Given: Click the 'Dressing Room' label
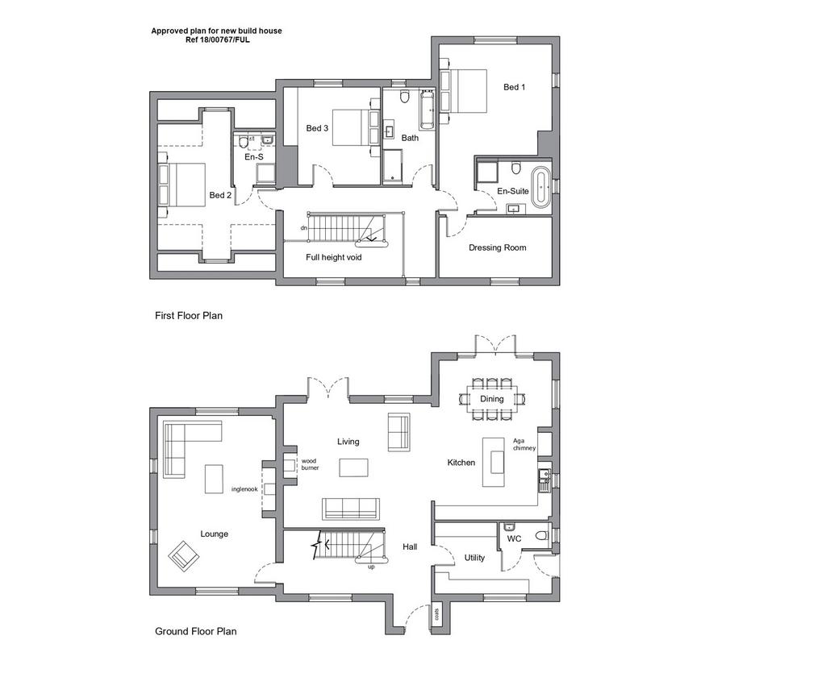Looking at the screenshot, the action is pos(497,247).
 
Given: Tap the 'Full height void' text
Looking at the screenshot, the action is pos(333,257).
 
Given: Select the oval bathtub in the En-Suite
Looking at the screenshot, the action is pos(540,187).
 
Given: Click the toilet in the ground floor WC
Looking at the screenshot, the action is pos(541,536).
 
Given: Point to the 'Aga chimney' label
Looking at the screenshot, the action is pos(524,444).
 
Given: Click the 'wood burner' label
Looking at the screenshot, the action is pos(310,464).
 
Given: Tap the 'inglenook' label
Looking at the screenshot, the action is pos(244,489).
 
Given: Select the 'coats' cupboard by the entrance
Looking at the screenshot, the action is pos(436,615).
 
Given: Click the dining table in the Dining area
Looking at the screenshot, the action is pos(491,399).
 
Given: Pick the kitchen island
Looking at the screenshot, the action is pos(494,462).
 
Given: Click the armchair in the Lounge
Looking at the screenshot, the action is pos(183,555).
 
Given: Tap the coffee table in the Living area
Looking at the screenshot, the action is pos(353,467).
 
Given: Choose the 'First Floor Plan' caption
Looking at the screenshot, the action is pos(189,316).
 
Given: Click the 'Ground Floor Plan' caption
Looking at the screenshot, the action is pos(195,631).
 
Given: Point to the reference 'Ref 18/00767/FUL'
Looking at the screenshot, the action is pos(217,39).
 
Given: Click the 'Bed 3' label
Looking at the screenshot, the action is pos(317,128).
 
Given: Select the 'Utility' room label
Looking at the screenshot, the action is pos(474,558).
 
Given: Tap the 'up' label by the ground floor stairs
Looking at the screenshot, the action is pos(371,567).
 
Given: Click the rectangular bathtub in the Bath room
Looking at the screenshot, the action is pos(427,111).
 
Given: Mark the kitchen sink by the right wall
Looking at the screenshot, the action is pos(544,480).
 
